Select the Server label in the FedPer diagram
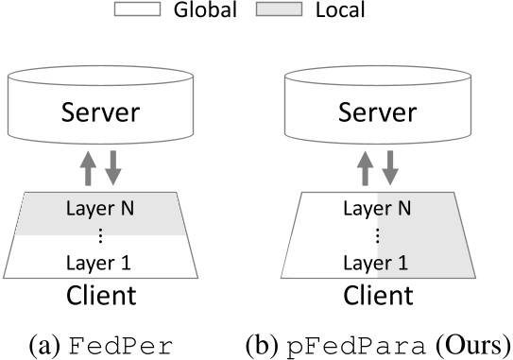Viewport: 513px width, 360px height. point(100,113)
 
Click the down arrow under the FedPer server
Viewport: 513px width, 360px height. point(113,165)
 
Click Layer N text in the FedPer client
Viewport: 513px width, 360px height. point(100,206)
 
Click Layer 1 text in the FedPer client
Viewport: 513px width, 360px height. point(100,260)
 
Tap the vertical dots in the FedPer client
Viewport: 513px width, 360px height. point(100,233)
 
